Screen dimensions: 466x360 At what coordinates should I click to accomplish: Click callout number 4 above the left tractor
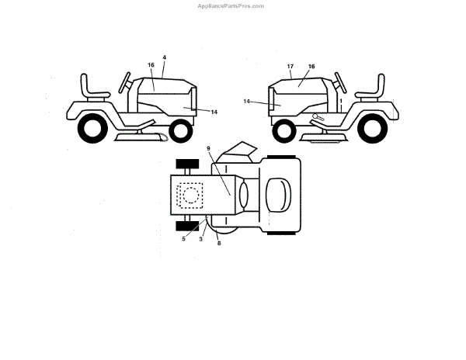pos(164,57)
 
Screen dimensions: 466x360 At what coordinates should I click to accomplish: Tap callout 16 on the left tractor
pos(151,65)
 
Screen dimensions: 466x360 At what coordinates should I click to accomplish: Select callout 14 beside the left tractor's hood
pos(214,112)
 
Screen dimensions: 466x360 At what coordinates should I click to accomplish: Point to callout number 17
pos(290,67)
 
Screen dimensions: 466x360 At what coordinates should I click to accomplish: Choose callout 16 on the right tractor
pos(311,67)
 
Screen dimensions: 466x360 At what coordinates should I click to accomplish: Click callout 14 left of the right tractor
pos(246,101)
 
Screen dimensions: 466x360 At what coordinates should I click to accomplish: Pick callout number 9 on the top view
pos(208,148)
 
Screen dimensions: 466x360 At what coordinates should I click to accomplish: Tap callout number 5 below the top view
pos(184,238)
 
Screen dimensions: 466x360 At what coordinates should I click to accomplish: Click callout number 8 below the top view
pos(219,243)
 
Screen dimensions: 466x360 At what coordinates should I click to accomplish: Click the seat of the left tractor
pos(90,87)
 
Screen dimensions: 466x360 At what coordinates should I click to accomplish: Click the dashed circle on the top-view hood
pos(190,194)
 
